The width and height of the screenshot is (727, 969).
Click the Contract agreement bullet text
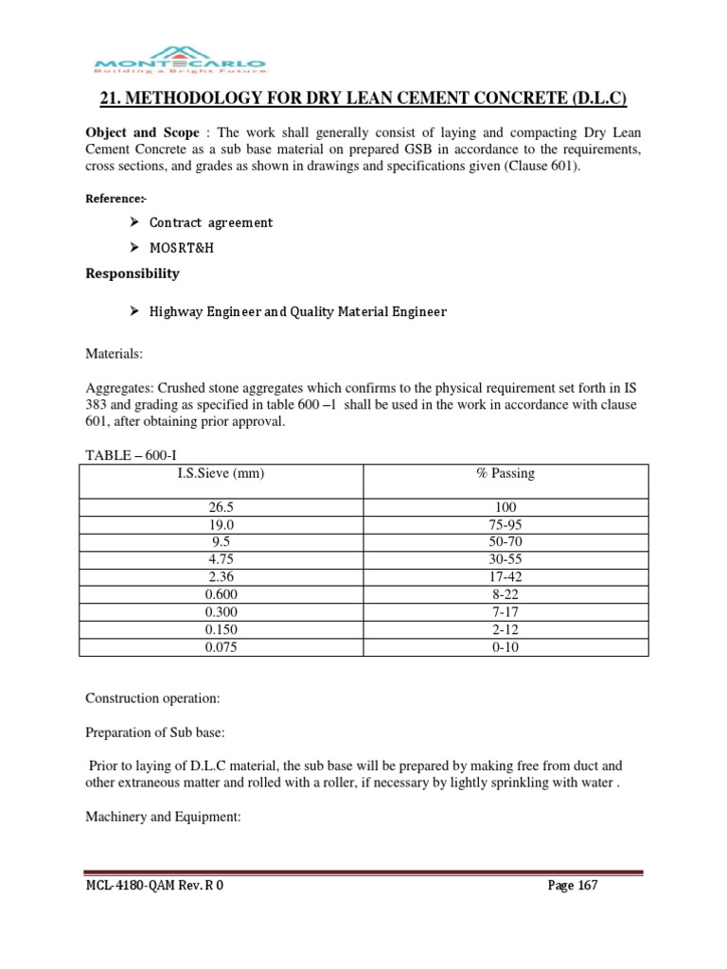coord(210,223)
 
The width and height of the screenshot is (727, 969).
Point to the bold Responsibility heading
coord(133,273)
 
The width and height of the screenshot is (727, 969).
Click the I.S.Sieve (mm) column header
coord(221,473)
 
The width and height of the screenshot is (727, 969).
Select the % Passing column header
coord(505,473)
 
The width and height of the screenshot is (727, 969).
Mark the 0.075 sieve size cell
coord(221,648)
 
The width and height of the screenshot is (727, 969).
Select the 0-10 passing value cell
coord(505,648)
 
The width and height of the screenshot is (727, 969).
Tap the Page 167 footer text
coord(573,886)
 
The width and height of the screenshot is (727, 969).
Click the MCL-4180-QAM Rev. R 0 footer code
coord(154,886)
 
